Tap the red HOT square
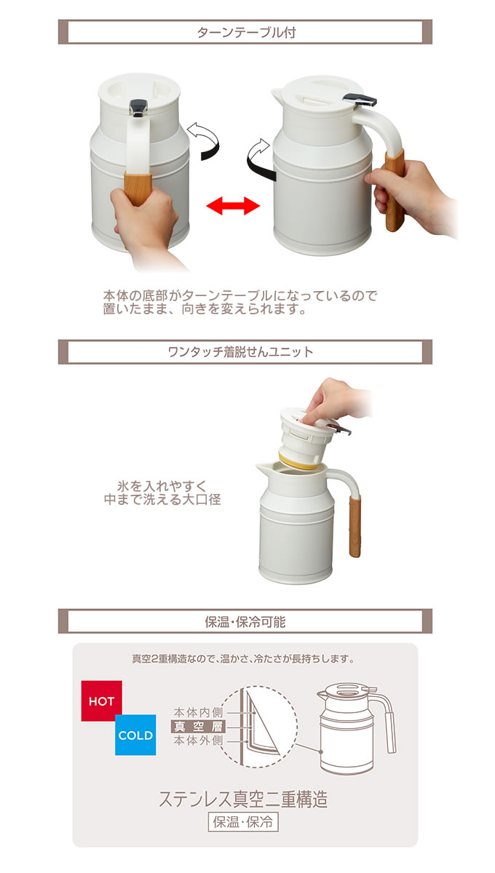101,701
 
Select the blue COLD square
135,736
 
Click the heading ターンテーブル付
245,33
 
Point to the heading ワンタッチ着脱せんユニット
240,352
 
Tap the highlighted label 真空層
198,726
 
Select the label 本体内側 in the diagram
198,711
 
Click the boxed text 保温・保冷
243,823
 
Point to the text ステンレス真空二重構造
243,799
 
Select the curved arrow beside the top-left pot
204,140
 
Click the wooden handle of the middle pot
355,525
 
